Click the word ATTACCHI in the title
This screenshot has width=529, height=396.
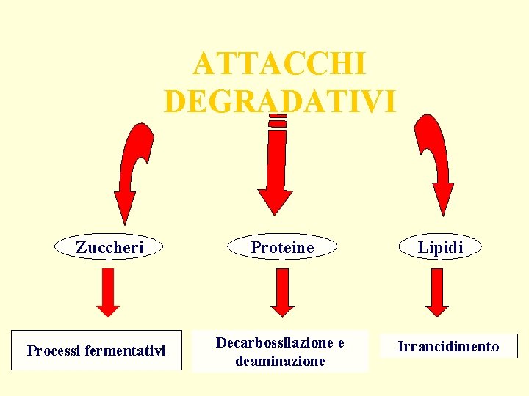278,65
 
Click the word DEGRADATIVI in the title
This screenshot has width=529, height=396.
279,101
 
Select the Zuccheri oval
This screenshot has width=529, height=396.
109,248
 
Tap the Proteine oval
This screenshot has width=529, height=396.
282,248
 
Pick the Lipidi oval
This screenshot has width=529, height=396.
441,248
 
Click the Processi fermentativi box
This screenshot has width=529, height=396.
96,351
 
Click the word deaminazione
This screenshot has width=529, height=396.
280,361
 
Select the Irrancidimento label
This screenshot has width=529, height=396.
448,346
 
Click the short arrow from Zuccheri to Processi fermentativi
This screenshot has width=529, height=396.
108,292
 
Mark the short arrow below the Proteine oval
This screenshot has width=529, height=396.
282,292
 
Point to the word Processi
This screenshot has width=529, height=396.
54,351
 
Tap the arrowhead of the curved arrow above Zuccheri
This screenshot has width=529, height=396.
125,205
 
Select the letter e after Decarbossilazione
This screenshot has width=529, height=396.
340,342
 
